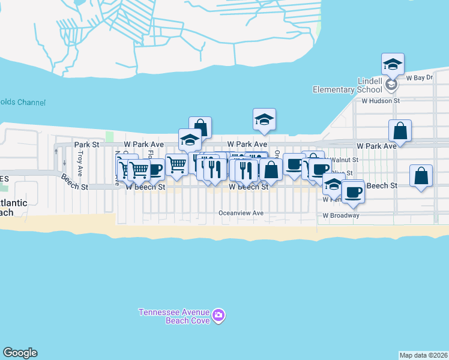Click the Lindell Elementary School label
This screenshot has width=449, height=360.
tap(347, 85)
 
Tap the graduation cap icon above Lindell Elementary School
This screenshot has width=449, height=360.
tap(393, 64)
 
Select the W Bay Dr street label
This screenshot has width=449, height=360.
tap(420, 78)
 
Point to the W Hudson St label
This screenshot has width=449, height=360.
tap(380, 101)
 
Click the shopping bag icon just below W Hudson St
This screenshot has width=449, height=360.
tap(400, 131)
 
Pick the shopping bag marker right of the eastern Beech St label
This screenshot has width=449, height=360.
tap(421, 176)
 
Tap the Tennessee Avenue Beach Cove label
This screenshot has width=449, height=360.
tap(174, 316)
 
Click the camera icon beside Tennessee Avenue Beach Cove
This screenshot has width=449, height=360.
tap(218, 315)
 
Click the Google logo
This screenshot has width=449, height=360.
tap(20, 353)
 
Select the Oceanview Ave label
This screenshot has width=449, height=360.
tap(241, 213)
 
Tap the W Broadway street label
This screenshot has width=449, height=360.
tap(341, 215)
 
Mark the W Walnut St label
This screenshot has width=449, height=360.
tap(343, 160)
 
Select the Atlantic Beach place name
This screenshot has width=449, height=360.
tap(13, 208)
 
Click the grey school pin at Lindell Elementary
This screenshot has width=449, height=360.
tap(391, 85)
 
